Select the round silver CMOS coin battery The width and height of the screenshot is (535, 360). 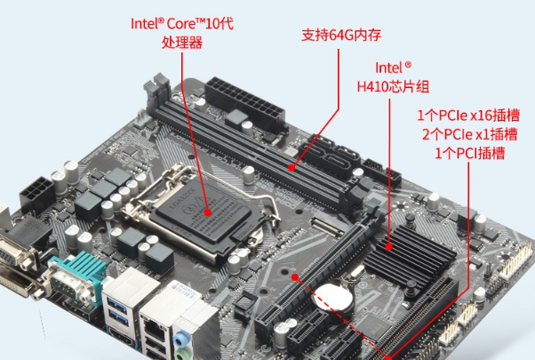335,295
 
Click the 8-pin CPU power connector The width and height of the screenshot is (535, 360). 35,191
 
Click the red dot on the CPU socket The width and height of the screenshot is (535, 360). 207,212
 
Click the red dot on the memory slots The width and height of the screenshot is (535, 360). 293,165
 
